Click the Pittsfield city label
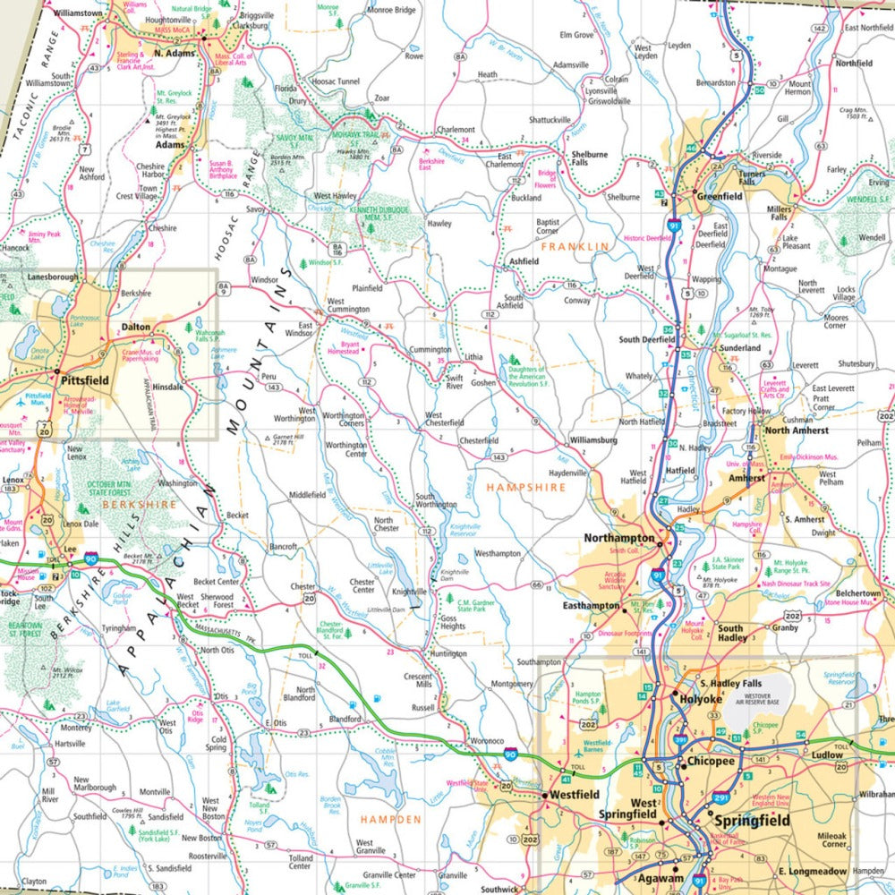click(x=86, y=380)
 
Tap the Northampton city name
click(x=619, y=538)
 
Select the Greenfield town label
click(x=720, y=196)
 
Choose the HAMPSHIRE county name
click(x=526, y=488)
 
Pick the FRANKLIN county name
click(x=574, y=245)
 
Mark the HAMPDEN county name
click(x=390, y=819)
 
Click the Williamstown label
click(x=78, y=14)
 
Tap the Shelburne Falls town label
click(x=589, y=159)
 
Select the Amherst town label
click(x=746, y=478)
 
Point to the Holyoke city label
click(x=701, y=699)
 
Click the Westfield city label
click(x=574, y=795)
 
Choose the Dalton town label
click(x=136, y=328)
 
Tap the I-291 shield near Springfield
click(x=720, y=797)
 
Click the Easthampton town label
click(x=591, y=606)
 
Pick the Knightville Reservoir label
click(x=465, y=533)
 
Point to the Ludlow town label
click(x=828, y=755)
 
